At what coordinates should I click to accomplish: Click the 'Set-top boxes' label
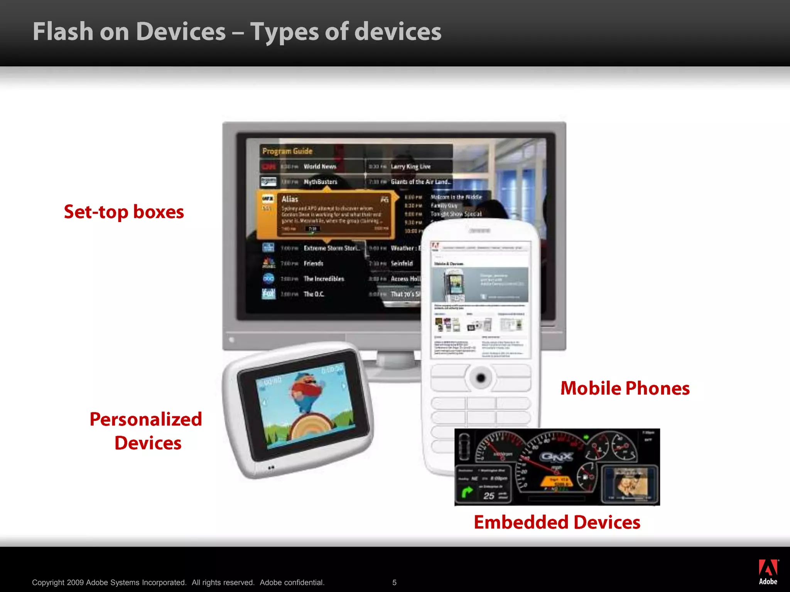pos(124,212)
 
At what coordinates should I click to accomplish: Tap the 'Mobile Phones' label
pos(625,388)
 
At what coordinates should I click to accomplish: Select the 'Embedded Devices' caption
pos(557,522)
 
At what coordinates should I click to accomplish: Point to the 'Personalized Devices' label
pos(146,431)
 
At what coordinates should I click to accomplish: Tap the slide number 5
pos(394,582)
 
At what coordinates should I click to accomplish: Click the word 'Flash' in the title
pos(63,32)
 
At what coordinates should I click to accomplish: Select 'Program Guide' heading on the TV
pos(287,151)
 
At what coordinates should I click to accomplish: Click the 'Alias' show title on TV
pos(290,199)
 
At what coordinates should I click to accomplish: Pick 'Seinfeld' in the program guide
pos(402,263)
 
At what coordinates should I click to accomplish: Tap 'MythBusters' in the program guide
pos(320,182)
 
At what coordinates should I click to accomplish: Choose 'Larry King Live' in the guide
pos(410,166)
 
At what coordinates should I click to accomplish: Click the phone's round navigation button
pos(481,378)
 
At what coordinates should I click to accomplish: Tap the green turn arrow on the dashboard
pos(467,492)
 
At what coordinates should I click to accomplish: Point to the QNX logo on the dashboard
pos(557,457)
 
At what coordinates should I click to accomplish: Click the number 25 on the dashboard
pos(489,496)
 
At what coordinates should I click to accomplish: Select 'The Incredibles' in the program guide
pos(324,279)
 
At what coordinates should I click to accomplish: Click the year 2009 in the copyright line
pos(75,582)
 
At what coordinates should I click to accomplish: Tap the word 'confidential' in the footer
pos(304,582)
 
